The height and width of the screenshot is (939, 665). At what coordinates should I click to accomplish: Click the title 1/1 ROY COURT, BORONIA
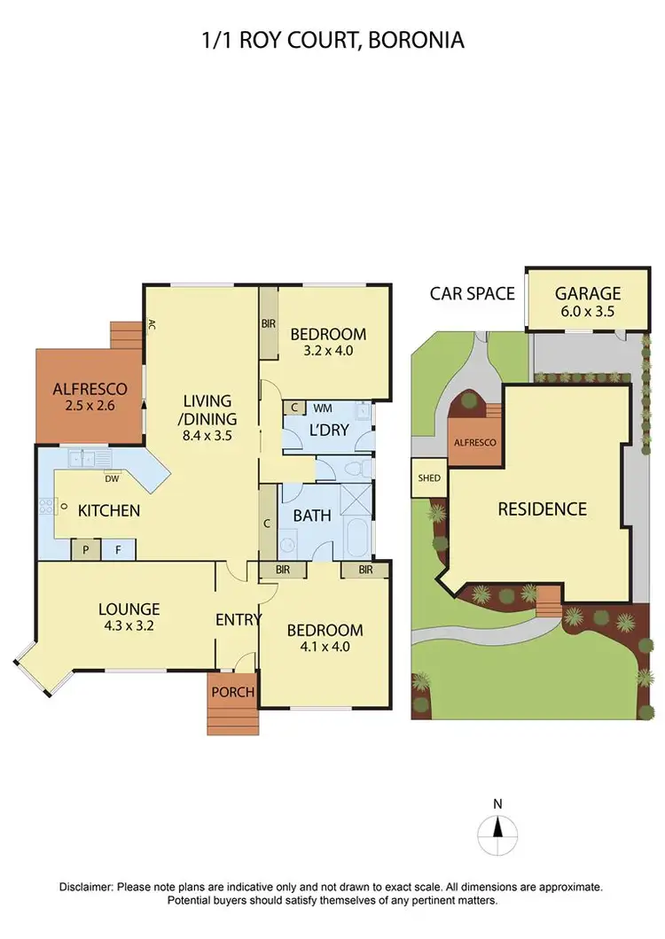pos(332,40)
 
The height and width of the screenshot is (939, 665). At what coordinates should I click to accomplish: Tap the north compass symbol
pos(497,830)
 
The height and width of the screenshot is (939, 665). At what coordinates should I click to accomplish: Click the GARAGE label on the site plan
pos(588,293)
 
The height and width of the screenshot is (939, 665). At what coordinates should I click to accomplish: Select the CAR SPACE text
pos(472,293)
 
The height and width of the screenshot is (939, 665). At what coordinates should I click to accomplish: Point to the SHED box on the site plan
pos(429,478)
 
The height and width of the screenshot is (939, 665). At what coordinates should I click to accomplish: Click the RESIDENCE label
pos(542,509)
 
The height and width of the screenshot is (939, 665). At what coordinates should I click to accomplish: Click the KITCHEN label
pos(109,510)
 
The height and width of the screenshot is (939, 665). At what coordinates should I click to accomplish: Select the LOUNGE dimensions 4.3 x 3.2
pos(129,625)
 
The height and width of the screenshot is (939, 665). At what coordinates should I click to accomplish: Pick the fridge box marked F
pos(116,550)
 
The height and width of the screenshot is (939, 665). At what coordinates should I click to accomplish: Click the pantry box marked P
pos(86,550)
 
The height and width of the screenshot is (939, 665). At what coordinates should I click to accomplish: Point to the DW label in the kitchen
pos(112,478)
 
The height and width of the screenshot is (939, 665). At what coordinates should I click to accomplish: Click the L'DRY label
pos(329,431)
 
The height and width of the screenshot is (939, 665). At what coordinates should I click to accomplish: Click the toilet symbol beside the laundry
pos(356,469)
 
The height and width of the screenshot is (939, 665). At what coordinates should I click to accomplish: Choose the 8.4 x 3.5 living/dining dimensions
pos(207,435)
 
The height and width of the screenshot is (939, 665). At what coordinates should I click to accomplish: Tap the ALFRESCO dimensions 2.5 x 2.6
pos(89,406)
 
